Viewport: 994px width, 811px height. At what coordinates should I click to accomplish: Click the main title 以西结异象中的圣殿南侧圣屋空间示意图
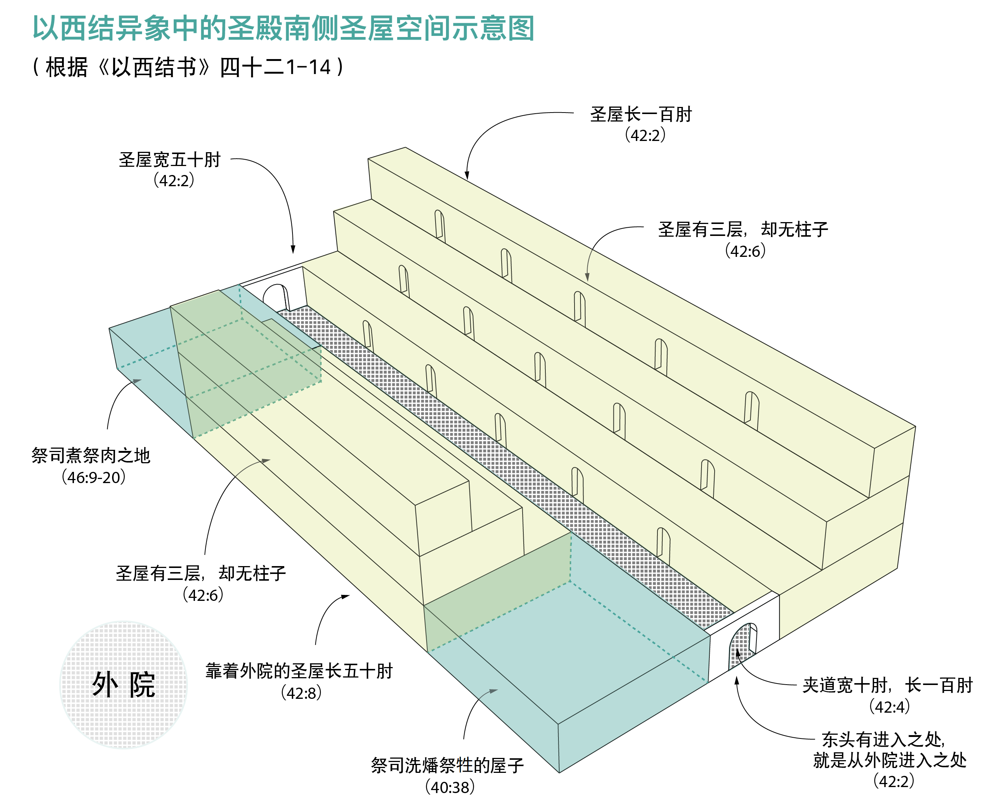(x=283, y=28)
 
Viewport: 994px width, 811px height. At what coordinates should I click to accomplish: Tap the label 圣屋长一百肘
(x=640, y=114)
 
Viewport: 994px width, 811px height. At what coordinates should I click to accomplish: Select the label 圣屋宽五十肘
(x=169, y=160)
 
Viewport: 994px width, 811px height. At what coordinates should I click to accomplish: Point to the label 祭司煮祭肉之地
(x=91, y=455)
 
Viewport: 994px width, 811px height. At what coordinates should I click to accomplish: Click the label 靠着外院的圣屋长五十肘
(x=299, y=671)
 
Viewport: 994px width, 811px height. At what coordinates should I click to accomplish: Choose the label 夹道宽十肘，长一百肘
(x=887, y=685)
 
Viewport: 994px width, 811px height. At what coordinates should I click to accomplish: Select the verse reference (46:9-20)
(x=94, y=477)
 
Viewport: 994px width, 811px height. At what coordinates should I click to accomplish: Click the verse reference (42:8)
(x=301, y=693)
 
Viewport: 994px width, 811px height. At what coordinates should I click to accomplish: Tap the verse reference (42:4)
(x=889, y=707)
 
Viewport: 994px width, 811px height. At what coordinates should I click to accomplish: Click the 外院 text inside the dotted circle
(x=123, y=685)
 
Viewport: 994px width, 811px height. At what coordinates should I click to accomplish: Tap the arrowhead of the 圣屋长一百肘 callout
(x=467, y=176)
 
